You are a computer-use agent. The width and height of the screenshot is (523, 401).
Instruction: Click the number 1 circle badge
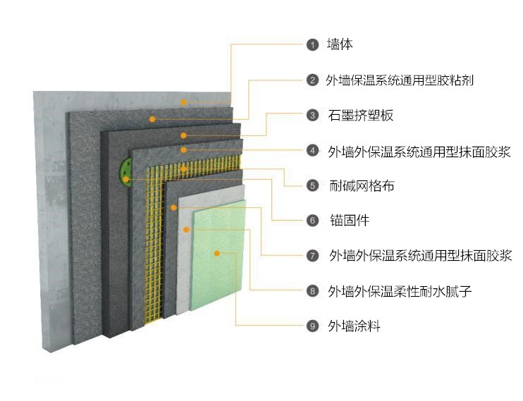point(313,45)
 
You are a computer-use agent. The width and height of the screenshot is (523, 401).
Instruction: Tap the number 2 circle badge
point(313,80)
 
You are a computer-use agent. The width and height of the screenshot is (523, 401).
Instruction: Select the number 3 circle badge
point(313,115)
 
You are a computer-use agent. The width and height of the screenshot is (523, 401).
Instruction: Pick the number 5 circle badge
point(313,186)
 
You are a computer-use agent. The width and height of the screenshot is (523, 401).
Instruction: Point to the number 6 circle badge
point(313,221)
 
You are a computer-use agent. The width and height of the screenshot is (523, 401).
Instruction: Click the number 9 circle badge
point(313,326)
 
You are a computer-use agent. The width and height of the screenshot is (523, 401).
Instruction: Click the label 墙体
point(340,45)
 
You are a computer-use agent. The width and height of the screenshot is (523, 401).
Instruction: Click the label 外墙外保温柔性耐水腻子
point(399,290)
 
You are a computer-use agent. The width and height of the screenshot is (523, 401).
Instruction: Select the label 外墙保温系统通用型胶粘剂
point(399,80)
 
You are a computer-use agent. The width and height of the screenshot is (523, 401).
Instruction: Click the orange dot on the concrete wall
point(183,102)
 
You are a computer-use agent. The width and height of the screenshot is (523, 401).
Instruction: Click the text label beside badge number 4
point(419,151)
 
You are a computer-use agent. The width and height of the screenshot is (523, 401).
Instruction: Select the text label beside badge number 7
point(420,255)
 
